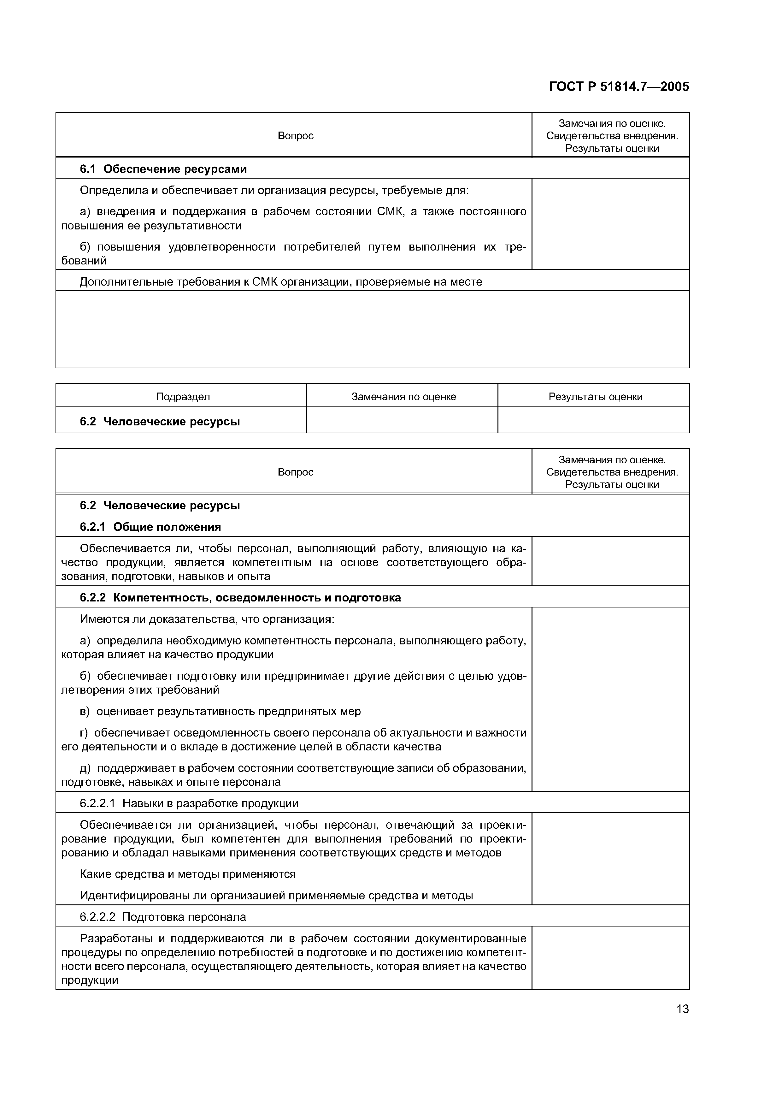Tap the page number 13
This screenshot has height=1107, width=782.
tap(682, 1009)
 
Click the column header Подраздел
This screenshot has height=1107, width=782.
tap(183, 397)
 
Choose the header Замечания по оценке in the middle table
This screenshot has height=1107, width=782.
tap(403, 397)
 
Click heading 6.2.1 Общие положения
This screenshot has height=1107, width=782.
tap(150, 527)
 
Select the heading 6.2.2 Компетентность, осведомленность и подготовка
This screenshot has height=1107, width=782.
tap(240, 598)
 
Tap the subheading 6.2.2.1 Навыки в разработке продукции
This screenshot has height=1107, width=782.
tap(189, 803)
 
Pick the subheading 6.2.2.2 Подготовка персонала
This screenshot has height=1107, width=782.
tap(163, 917)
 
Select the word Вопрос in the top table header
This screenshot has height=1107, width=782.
tap(295, 136)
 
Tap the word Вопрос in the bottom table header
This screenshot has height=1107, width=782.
tap(295, 472)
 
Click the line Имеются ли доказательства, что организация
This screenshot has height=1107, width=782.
tap(207, 619)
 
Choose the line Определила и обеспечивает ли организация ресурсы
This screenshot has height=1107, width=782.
tap(274, 191)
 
